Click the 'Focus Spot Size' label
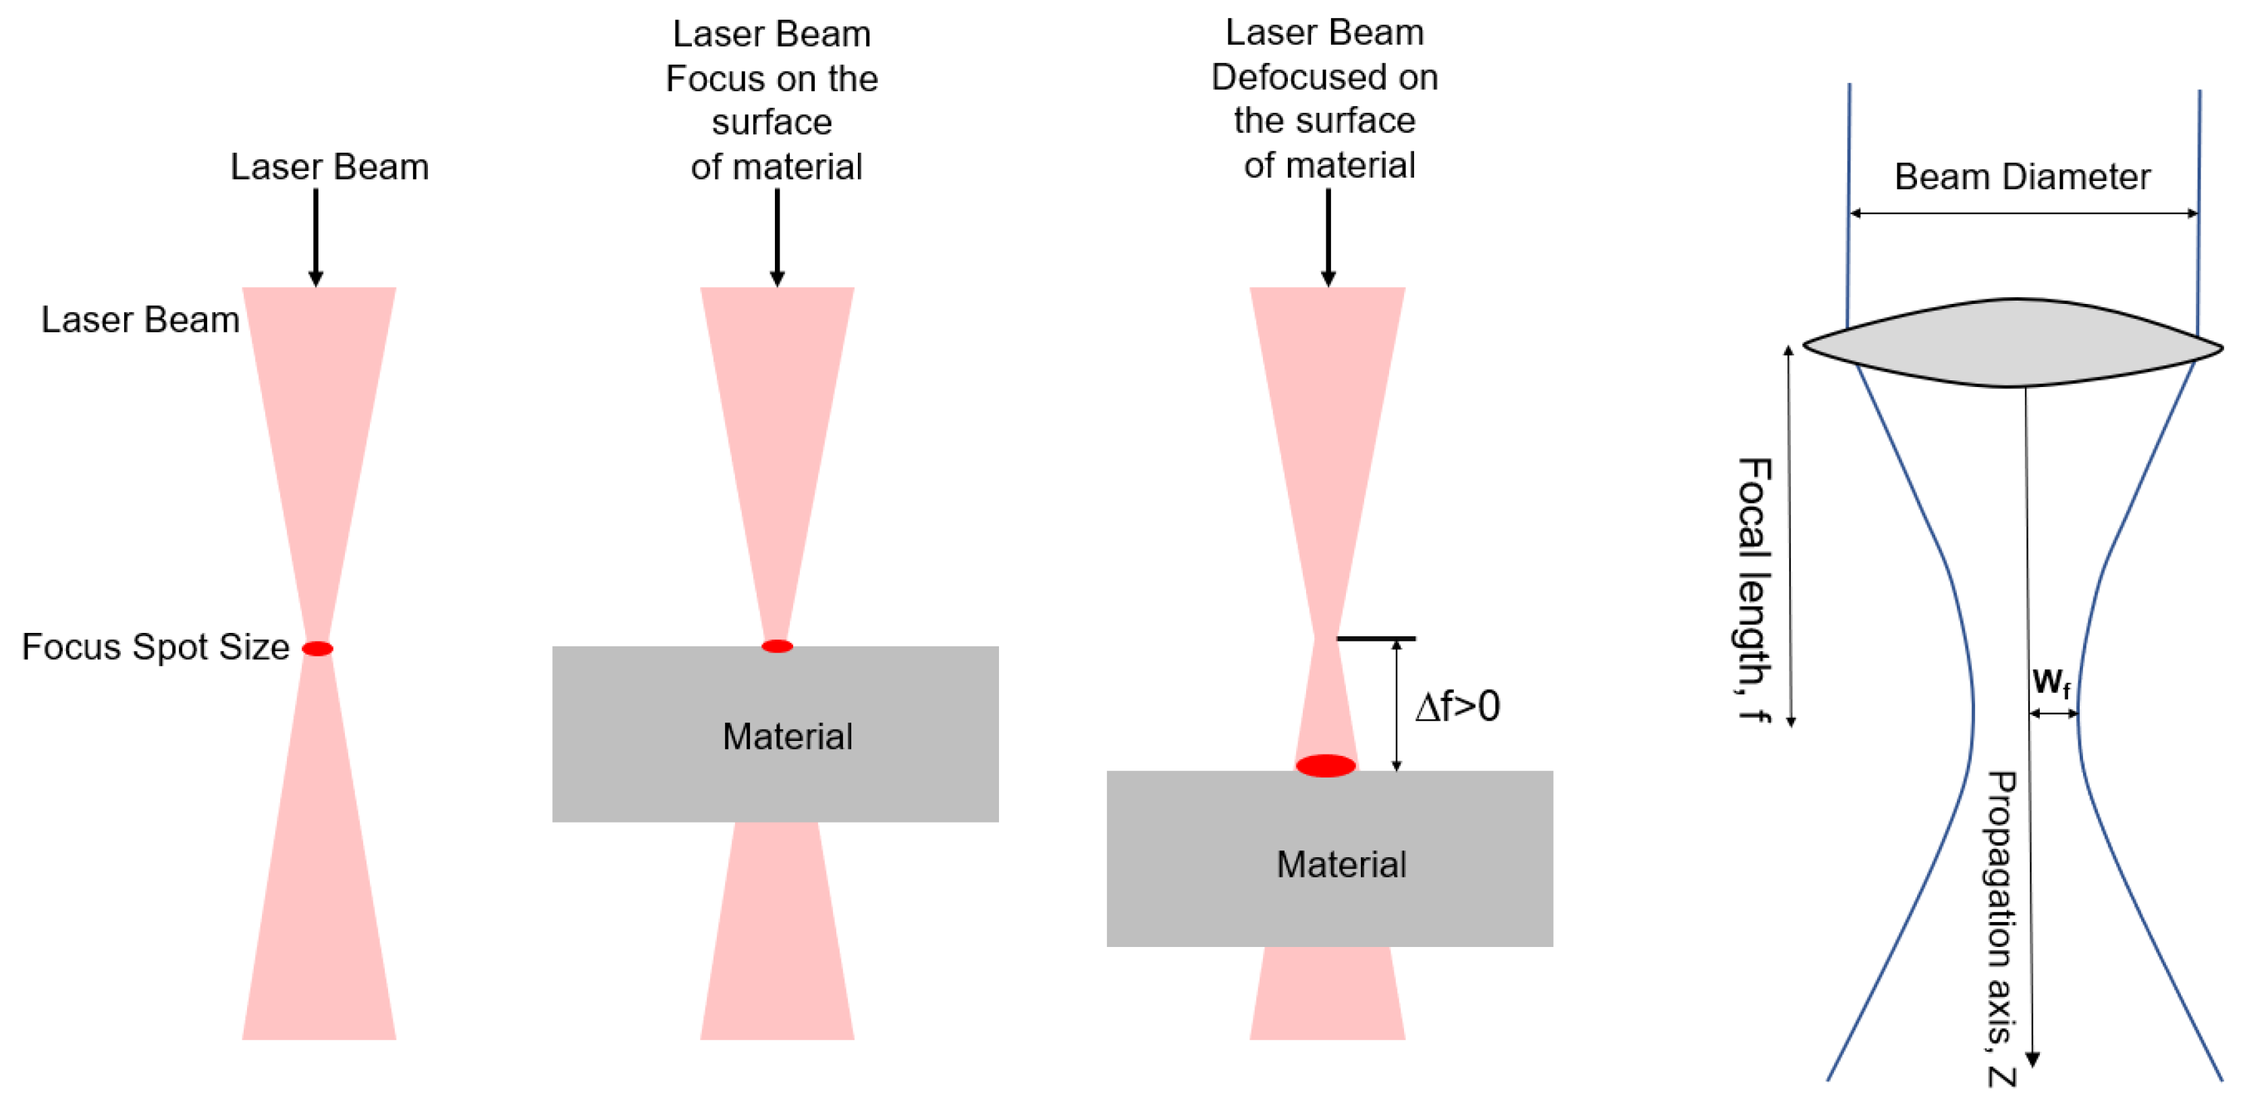[155, 646]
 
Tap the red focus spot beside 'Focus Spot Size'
[317, 648]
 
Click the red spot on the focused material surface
[777, 646]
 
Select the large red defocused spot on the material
[1326, 766]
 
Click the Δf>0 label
[1458, 706]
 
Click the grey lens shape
[2013, 343]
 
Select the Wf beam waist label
[2051, 682]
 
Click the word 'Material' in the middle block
[787, 736]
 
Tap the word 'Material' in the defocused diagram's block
[1341, 865]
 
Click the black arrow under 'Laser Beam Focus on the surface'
[777, 236]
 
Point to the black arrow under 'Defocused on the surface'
[1328, 236]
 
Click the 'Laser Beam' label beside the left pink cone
[140, 319]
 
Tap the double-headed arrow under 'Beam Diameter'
[2024, 213]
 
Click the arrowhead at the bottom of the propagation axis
[2032, 1058]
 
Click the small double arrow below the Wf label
[2053, 714]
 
